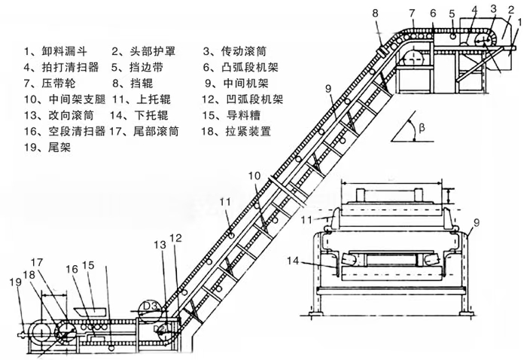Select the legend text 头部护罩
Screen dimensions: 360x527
click(x=141, y=52)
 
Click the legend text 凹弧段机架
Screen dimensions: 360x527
click(x=248, y=99)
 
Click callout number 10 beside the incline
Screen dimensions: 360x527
click(x=255, y=175)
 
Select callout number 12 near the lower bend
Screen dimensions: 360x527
click(x=175, y=238)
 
